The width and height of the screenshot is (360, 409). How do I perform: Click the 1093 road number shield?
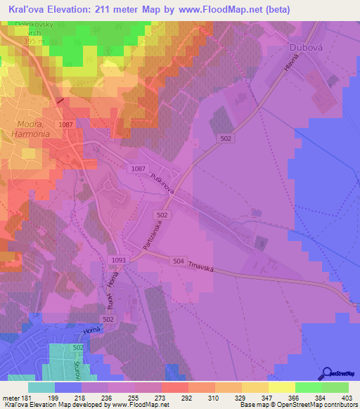tap(119, 260)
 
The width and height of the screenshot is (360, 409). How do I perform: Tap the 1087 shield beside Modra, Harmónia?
tap(67, 124)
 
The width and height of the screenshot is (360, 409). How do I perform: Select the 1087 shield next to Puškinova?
tap(138, 169)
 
